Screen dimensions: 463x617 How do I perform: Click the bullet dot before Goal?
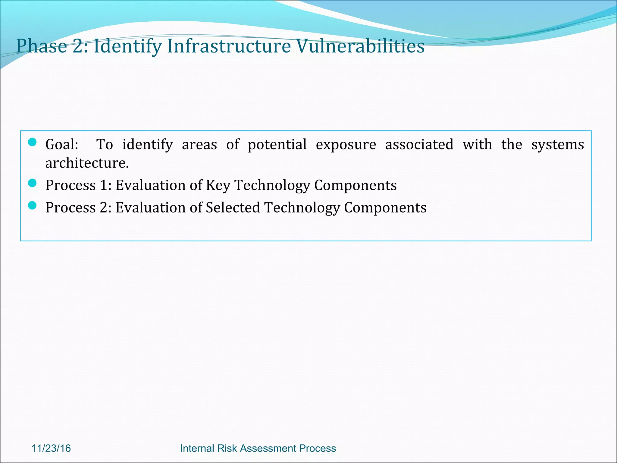tap(32, 142)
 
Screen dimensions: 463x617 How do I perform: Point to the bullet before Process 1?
tap(32, 183)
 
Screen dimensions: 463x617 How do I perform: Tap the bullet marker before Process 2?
tap(32, 206)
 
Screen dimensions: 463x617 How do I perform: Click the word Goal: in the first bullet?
tap(62, 144)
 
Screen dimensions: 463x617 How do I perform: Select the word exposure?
tap(346, 145)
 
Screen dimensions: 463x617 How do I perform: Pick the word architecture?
tap(87, 163)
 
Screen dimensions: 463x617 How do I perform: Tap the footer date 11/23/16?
tap(51, 448)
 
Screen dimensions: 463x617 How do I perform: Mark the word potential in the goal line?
tap(277, 145)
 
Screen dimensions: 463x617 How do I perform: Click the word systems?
tap(557, 145)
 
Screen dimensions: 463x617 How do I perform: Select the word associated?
tap(419, 144)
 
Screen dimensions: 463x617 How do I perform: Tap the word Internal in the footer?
tap(197, 448)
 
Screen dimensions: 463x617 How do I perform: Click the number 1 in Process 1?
tap(104, 185)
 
